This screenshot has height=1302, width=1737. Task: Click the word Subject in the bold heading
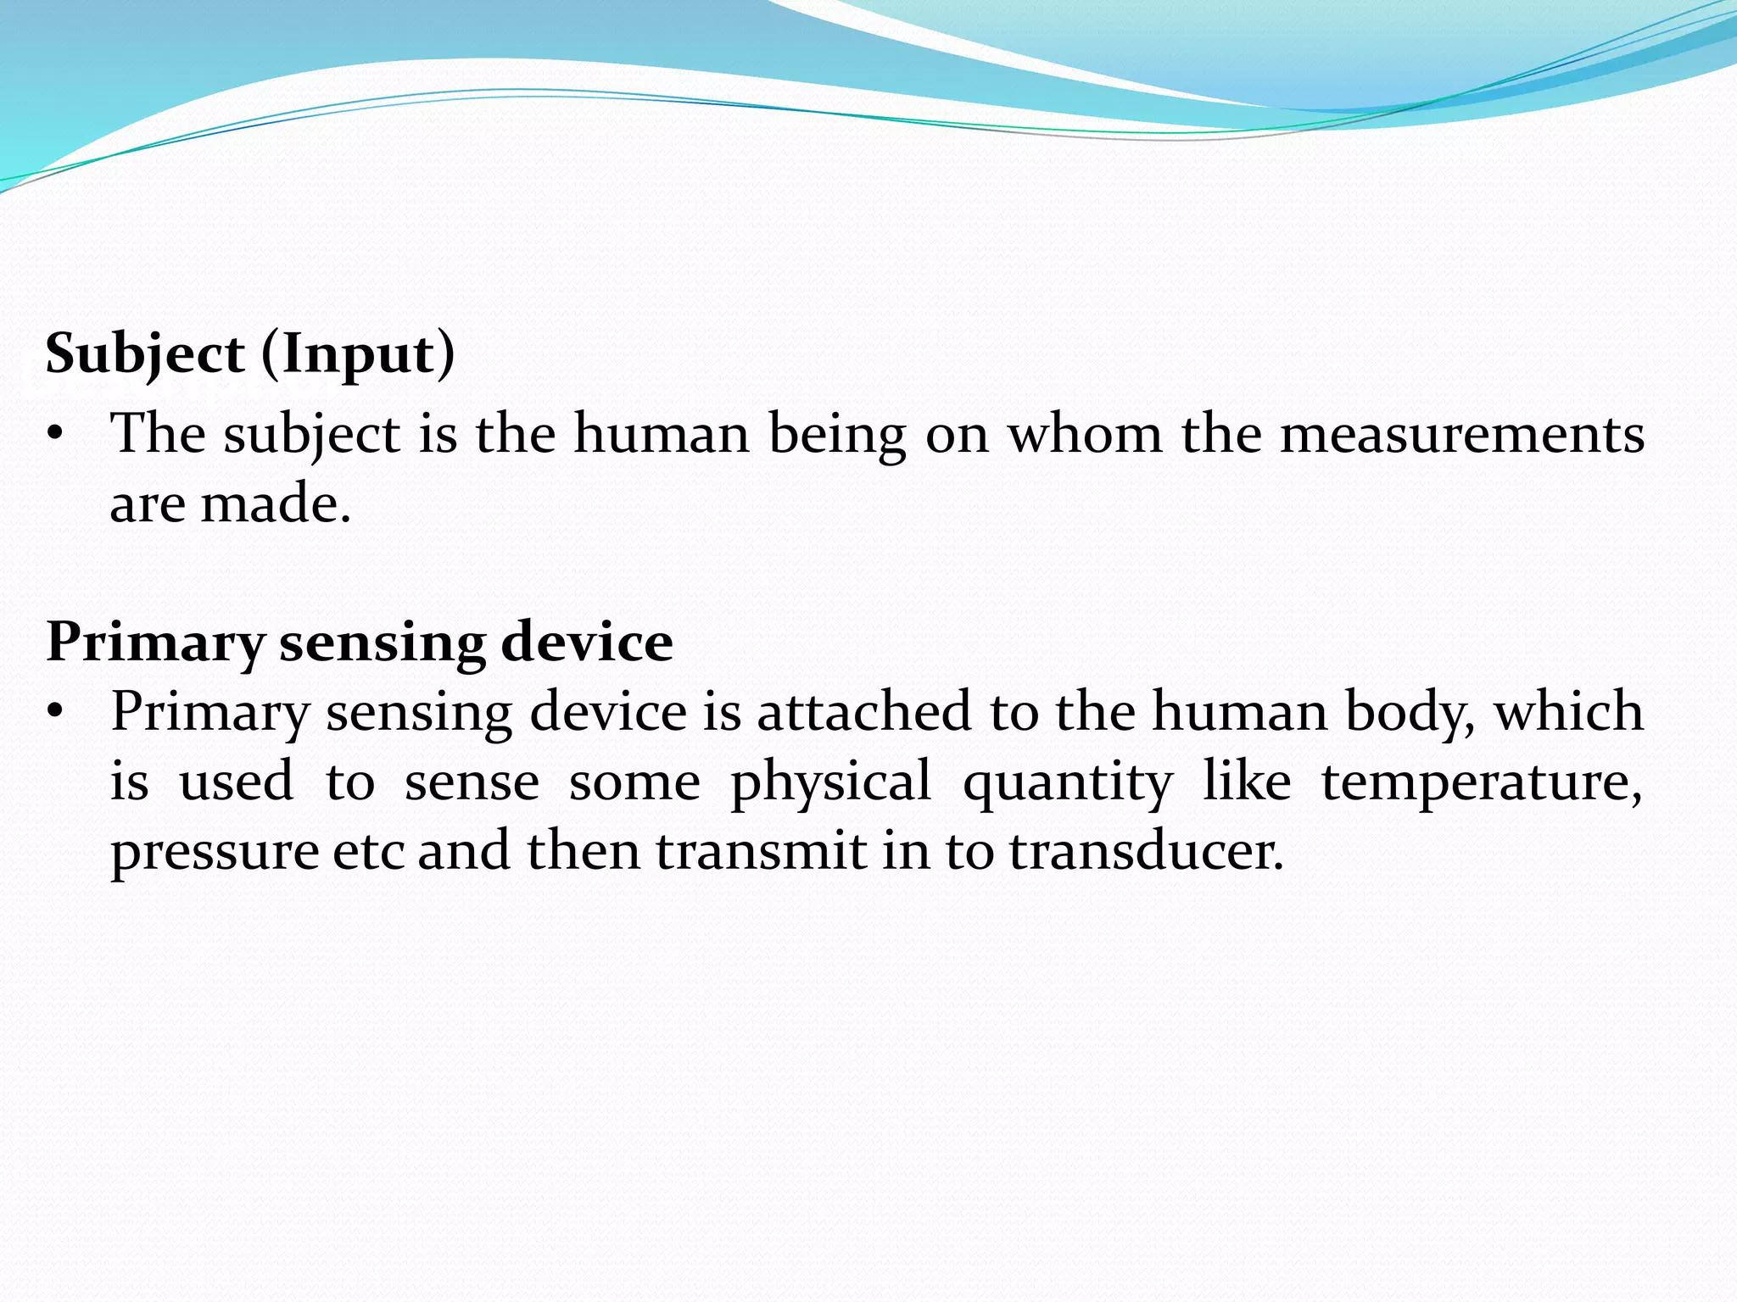[145, 353]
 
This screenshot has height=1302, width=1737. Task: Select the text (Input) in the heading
[358, 353]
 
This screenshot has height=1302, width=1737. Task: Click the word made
[275, 504]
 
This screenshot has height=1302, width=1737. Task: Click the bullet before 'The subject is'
[56, 435]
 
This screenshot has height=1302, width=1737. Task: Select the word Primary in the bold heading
[156, 643]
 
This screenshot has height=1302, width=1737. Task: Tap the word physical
[830, 782]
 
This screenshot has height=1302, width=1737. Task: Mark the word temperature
[1481, 782]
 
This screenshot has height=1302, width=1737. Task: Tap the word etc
[368, 851]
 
